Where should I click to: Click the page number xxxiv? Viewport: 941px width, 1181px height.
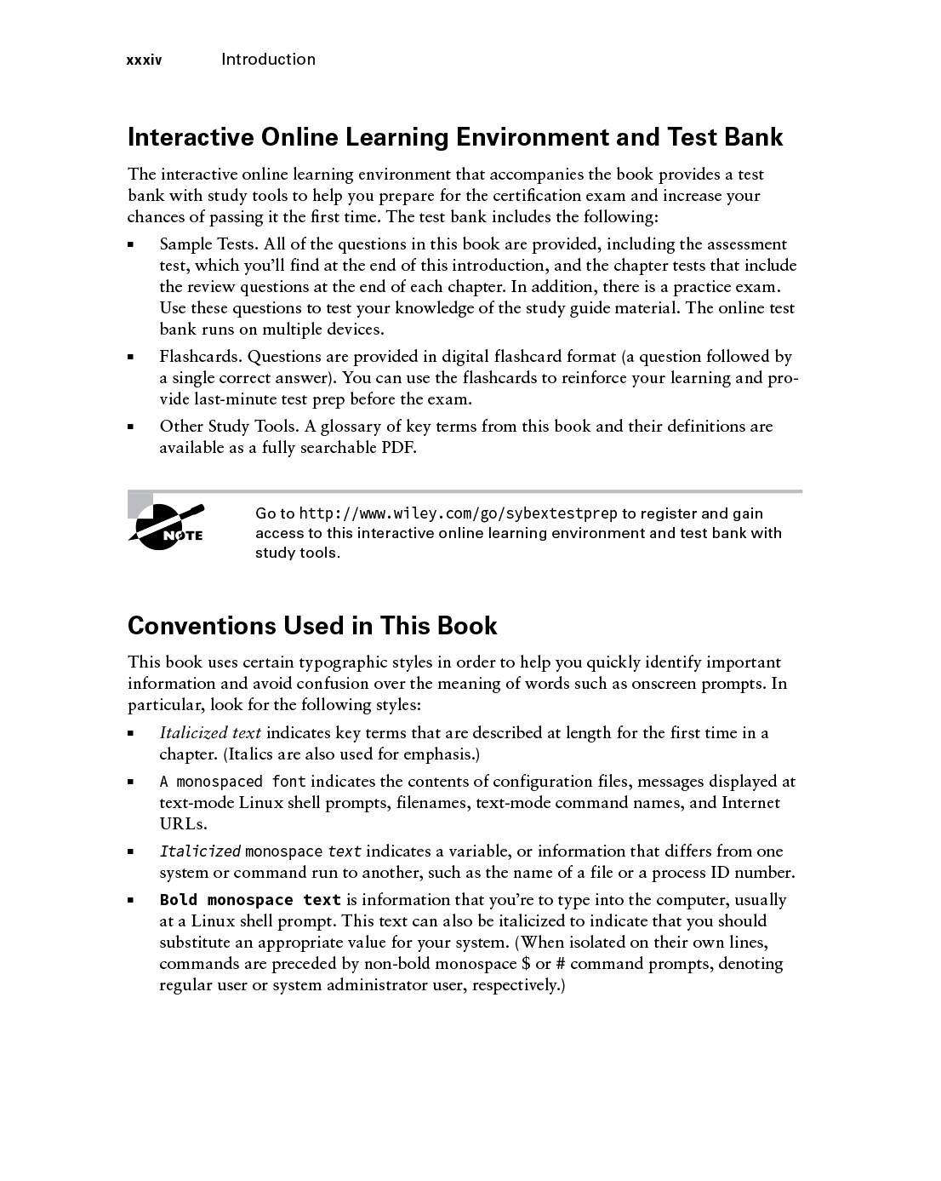click(x=144, y=60)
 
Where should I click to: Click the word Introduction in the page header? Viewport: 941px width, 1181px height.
click(x=268, y=60)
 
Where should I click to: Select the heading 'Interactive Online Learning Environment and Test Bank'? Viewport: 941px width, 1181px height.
click(x=455, y=137)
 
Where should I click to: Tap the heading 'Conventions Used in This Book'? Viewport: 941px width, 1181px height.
click(x=312, y=626)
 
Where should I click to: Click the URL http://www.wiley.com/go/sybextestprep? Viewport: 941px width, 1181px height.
click(x=459, y=513)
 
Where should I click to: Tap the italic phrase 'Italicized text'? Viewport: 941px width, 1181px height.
click(x=210, y=733)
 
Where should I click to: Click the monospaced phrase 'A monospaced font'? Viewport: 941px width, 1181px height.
click(x=232, y=782)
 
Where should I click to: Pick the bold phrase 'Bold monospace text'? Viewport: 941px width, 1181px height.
click(x=250, y=900)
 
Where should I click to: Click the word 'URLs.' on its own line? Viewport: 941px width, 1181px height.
click(x=183, y=824)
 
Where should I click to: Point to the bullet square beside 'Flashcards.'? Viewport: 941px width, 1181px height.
click(x=131, y=358)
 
